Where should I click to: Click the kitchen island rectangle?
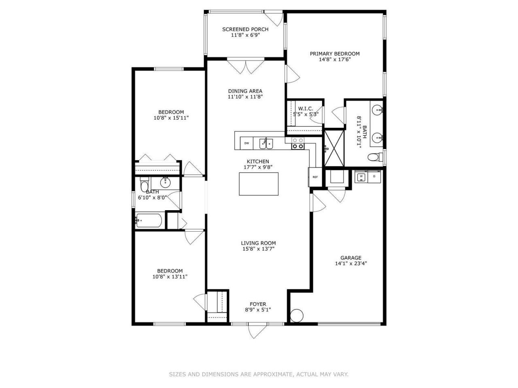[259, 184]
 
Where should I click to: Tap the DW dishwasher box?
[246, 143]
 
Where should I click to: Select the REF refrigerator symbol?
[315, 177]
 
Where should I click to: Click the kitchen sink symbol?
[266, 143]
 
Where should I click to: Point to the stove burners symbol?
[298, 143]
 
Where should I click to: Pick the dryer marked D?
[374, 177]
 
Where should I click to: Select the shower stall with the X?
[334, 148]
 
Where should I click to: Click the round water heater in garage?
[297, 316]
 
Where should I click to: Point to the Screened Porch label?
[245, 29]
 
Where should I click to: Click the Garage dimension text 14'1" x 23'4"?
[351, 264]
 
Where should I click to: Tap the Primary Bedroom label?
[335, 53]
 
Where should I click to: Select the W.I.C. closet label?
[306, 109]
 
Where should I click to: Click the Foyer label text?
[258, 304]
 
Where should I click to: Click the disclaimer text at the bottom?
[259, 375]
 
